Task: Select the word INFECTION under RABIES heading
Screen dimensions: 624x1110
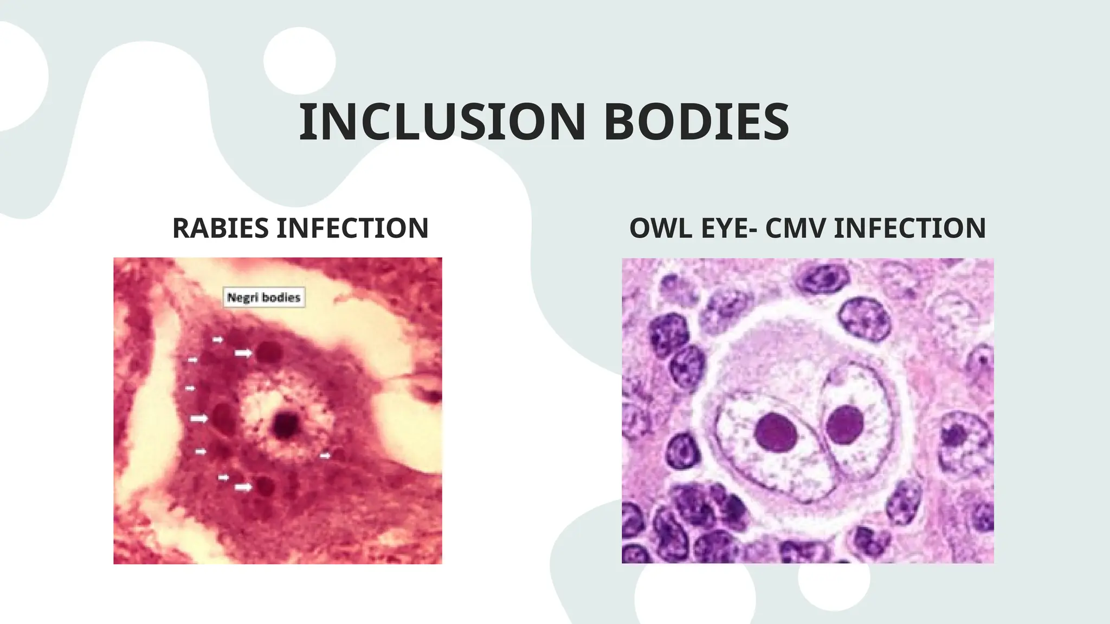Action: [352, 228]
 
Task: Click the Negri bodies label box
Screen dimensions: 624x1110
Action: [264, 297]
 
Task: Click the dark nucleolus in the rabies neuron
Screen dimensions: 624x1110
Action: [285, 424]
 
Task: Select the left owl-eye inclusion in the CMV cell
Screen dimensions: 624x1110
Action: [775, 431]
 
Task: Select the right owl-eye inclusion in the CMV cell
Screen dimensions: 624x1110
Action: [844, 424]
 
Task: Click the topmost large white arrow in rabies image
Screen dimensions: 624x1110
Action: [243, 353]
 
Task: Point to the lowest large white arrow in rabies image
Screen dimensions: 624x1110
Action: [243, 487]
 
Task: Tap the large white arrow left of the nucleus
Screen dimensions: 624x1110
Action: [199, 418]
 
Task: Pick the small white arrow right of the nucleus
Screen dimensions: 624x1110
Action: [325, 456]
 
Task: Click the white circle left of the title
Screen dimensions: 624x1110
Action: [299, 61]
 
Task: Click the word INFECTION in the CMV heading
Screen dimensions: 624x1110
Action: [910, 228]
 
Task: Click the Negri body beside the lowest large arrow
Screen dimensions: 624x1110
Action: [266, 486]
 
